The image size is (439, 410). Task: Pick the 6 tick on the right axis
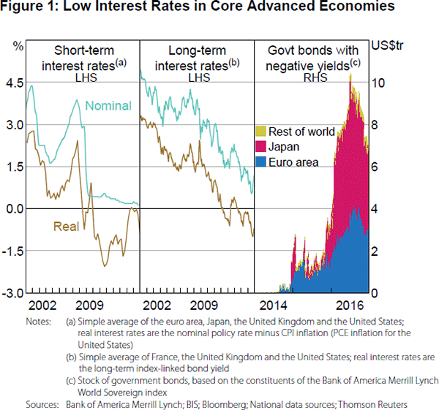[416, 167]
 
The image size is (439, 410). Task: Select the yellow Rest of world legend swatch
[260, 132]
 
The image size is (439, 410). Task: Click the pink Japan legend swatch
[260, 146]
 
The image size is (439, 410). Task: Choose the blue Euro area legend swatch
[260, 162]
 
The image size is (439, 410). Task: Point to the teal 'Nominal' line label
[108, 106]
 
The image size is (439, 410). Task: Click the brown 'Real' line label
[66, 227]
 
